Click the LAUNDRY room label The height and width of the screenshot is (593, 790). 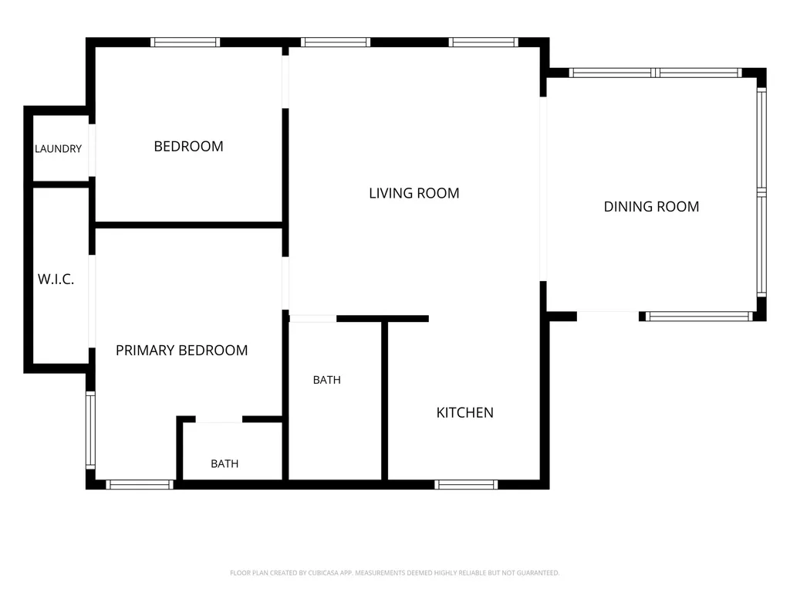58,149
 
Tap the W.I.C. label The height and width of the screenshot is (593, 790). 56,279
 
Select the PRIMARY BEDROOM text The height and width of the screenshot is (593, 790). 182,351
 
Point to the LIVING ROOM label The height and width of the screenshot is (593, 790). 414,193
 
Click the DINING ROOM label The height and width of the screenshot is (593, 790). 651,207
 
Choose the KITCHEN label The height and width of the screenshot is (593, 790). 465,412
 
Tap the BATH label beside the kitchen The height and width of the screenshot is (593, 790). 327,380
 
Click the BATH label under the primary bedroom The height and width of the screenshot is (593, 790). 225,463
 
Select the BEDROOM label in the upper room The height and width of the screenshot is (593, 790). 188,146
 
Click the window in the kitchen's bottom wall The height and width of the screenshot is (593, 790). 466,485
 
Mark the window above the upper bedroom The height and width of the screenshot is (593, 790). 185,42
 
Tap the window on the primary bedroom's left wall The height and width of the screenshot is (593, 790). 91,430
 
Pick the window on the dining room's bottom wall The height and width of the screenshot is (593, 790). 699,317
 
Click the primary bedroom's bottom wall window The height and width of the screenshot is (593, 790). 140,485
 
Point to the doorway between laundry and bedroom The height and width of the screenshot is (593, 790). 93,151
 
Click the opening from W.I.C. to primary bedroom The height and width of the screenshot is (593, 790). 93,302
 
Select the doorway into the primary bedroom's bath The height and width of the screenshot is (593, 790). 218,419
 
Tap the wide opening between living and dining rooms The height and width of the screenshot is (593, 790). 543,189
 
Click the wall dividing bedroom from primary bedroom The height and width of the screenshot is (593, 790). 189,225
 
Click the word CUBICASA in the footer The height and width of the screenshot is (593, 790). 323,573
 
